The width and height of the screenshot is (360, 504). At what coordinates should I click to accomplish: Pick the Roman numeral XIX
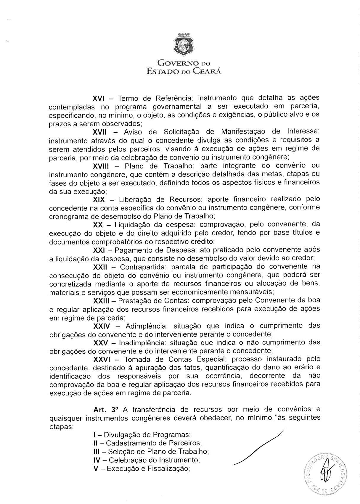coord(99,199)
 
